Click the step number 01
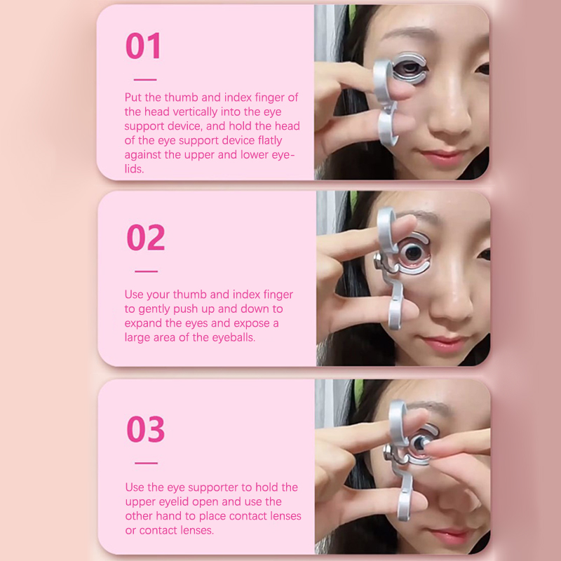coord(143,46)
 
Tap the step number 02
coord(146,237)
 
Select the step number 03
coord(146,429)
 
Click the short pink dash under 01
coord(145,79)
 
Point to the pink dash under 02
coord(147,271)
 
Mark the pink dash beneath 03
coord(147,463)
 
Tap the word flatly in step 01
coord(270,140)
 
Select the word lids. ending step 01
coord(134,169)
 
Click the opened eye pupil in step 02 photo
coord(414,252)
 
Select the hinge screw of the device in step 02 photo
coord(378,258)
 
